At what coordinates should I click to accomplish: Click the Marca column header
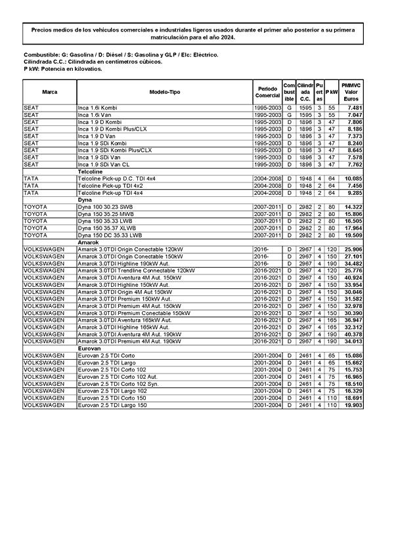49,92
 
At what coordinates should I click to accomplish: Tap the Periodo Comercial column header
268,92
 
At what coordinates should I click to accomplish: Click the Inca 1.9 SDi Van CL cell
110,165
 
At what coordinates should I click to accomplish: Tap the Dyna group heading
85,200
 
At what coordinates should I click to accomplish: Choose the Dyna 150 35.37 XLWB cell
110,228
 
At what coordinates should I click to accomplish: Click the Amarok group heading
88,242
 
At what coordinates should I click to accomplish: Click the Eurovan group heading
89,349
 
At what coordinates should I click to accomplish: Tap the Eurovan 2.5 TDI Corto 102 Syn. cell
118,384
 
